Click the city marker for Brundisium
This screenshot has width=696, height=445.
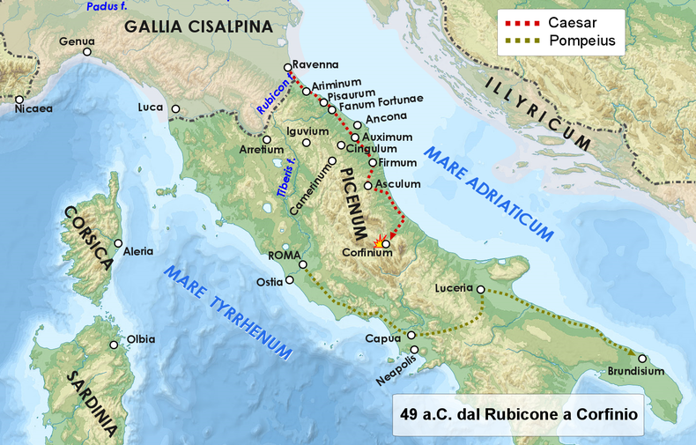tap(642, 358)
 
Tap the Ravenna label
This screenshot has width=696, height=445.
tap(315, 63)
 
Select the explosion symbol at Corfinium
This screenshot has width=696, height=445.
tap(380, 241)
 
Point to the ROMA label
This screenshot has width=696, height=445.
tap(284, 256)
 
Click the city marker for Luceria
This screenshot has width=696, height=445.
tap(480, 288)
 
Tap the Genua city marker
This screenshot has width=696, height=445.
tap(88, 53)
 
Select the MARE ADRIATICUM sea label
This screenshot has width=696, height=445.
tap(489, 194)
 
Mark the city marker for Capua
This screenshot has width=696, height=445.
tap(411, 335)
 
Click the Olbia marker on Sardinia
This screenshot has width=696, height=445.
tap(114, 345)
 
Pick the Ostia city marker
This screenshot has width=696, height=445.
tap(290, 282)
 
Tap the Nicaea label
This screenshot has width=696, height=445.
tap(34, 109)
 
